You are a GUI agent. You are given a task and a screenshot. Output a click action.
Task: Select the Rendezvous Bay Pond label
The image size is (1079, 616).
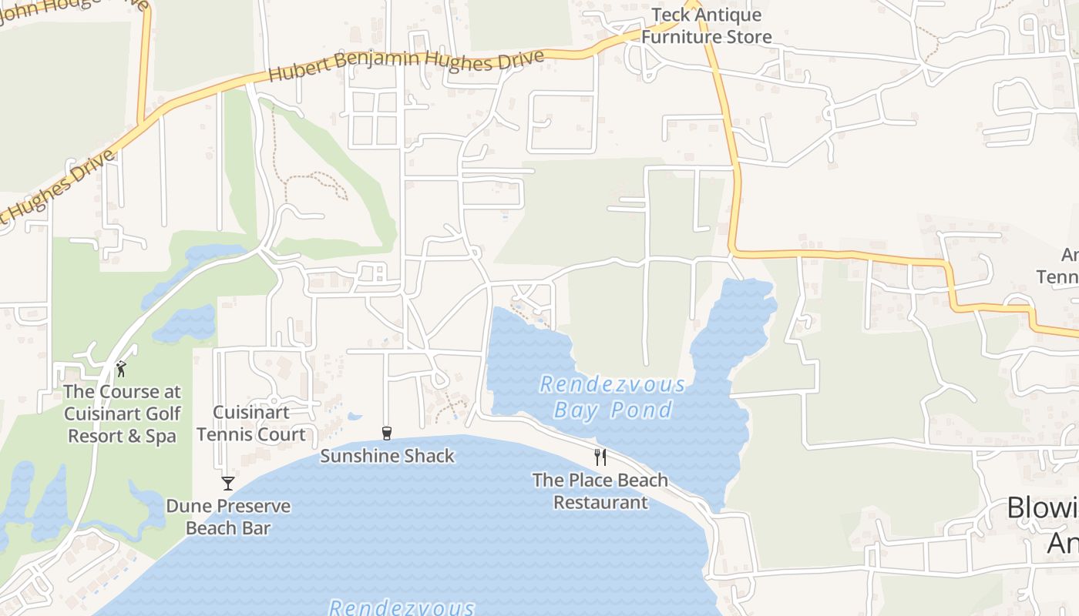coord(613,397)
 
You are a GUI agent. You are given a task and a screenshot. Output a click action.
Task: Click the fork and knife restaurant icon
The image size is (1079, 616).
coord(600,457)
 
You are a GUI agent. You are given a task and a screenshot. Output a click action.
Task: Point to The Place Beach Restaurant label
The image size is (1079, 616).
coord(600,491)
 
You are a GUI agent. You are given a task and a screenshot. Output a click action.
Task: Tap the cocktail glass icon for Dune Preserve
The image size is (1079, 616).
coord(227,484)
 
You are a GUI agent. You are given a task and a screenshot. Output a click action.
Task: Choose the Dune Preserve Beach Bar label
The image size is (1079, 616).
coord(228,517)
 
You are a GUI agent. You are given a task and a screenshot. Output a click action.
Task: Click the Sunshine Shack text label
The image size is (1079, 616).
coord(387,456)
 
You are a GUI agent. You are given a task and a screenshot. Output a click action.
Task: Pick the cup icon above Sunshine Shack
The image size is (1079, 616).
coord(387,434)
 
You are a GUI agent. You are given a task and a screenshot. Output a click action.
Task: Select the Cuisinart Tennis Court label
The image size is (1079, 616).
coord(251,423)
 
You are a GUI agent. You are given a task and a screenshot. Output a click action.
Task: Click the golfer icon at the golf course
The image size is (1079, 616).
coord(121,370)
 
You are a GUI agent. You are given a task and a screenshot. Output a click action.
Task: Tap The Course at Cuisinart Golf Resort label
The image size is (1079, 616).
coord(123,413)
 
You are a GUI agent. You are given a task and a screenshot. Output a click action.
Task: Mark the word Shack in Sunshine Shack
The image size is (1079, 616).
coord(428,456)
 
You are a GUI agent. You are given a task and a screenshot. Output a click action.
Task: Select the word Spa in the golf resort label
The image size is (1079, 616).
coord(161,436)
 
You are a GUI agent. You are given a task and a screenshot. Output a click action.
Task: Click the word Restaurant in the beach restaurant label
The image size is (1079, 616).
coord(600,502)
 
